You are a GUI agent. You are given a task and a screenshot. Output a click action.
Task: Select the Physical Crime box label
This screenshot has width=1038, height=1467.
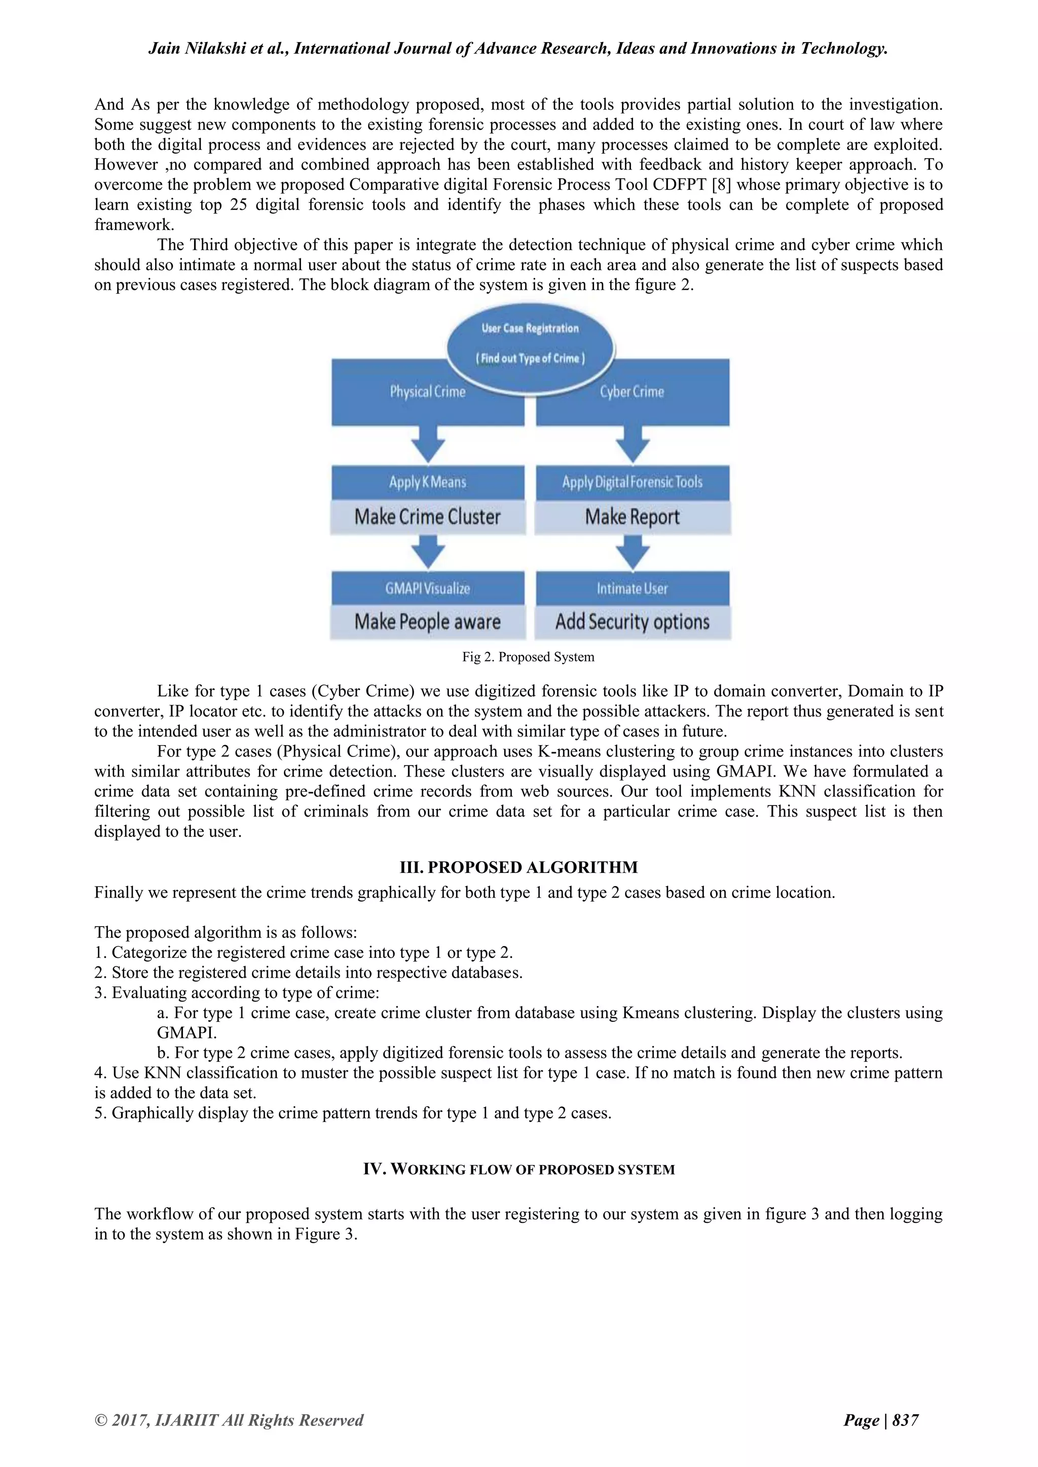(428, 392)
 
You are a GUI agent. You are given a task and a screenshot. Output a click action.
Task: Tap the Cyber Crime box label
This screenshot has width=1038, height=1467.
(632, 392)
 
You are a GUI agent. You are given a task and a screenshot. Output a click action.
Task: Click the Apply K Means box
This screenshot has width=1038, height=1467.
(428, 482)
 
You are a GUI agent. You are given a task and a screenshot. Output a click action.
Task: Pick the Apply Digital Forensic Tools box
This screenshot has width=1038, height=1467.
(632, 482)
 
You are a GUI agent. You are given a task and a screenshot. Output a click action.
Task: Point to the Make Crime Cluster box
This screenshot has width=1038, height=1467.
(428, 516)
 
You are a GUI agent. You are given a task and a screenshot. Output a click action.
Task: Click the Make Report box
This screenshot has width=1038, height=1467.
(632, 516)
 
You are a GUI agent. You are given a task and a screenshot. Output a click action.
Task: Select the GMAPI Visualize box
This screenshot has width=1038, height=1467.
(428, 589)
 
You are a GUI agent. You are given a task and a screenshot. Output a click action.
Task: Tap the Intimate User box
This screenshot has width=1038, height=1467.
(632, 589)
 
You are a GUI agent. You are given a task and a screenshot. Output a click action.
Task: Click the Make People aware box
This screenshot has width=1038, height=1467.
(428, 622)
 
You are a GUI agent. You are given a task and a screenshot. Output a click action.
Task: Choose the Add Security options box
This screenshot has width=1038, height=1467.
(632, 622)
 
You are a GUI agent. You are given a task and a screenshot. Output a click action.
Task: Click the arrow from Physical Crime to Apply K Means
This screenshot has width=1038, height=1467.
(428, 445)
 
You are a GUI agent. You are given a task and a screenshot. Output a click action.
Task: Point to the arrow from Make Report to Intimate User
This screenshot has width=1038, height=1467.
(632, 552)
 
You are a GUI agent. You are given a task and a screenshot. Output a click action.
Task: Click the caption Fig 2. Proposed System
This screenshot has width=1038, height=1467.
(528, 657)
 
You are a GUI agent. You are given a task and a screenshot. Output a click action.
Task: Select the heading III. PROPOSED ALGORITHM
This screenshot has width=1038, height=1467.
(518, 867)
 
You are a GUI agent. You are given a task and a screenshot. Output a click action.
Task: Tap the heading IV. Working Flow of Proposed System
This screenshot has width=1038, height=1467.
(518, 1169)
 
